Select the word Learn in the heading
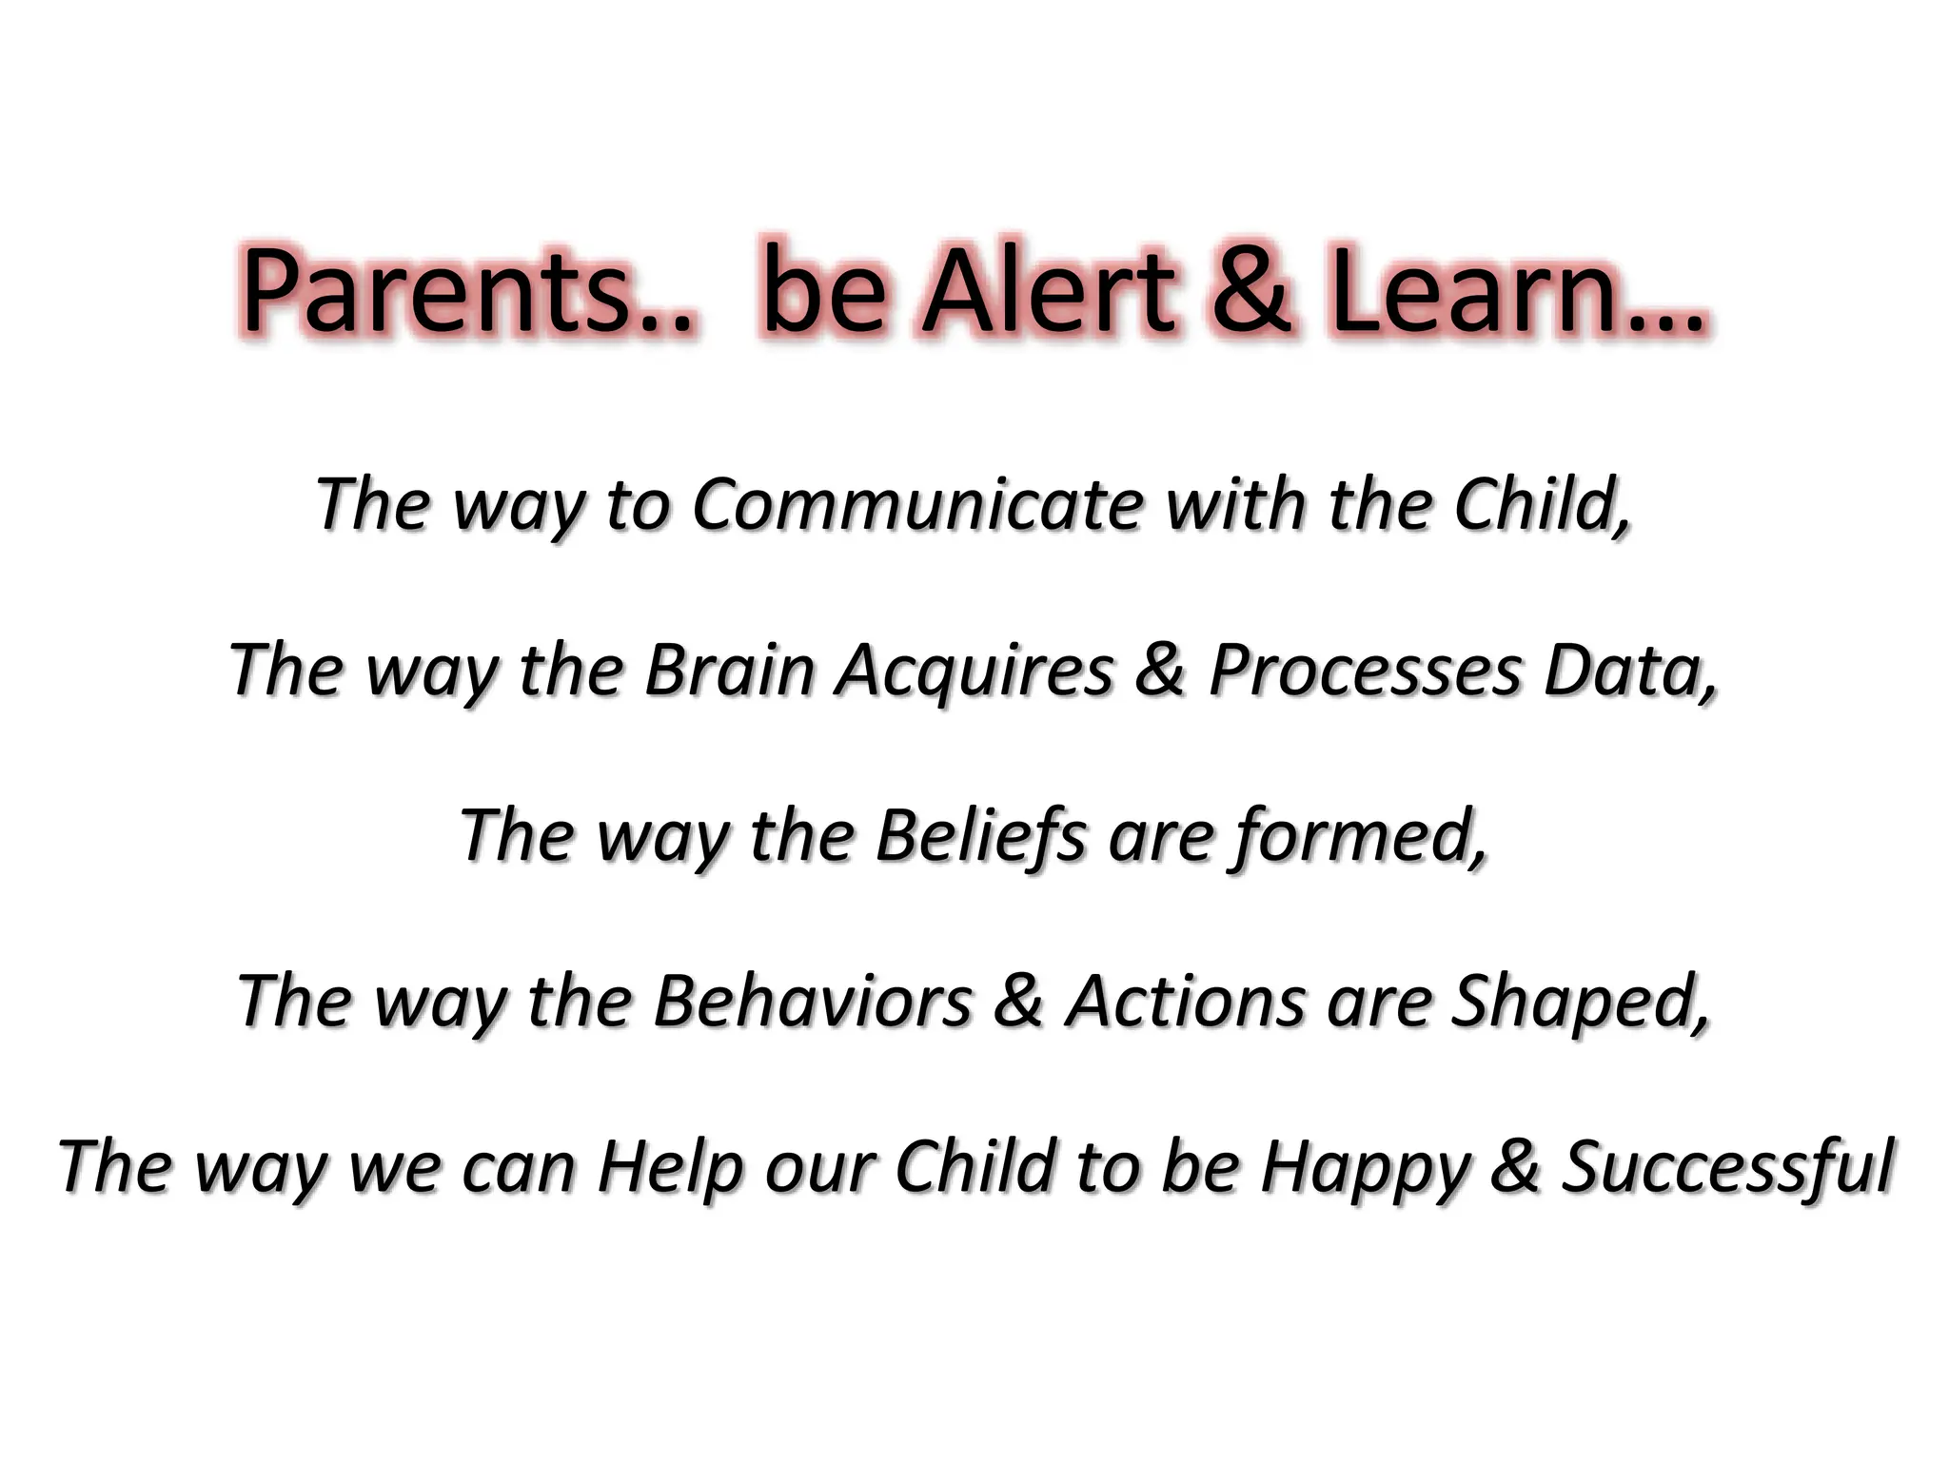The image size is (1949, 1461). [1474, 289]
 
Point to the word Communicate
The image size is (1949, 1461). [918, 503]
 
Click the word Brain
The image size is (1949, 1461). [729, 670]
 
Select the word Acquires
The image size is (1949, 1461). [975, 670]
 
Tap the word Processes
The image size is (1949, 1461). [1366, 670]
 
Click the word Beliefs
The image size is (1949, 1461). [980, 836]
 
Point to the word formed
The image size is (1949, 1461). [1357, 836]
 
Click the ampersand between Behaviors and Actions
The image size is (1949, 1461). [1017, 1002]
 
